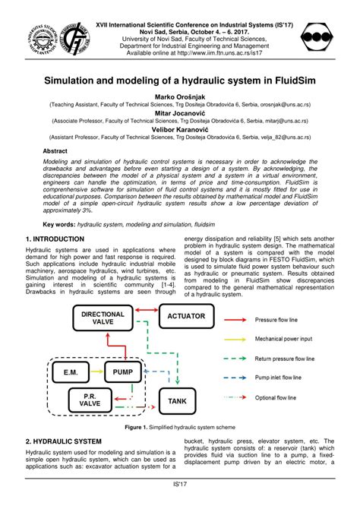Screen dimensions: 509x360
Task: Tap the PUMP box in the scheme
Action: [122, 371]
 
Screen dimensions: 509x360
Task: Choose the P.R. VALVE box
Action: [84, 400]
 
